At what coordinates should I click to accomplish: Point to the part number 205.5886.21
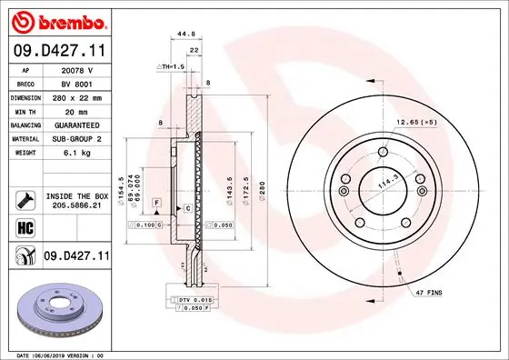click(75, 205)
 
